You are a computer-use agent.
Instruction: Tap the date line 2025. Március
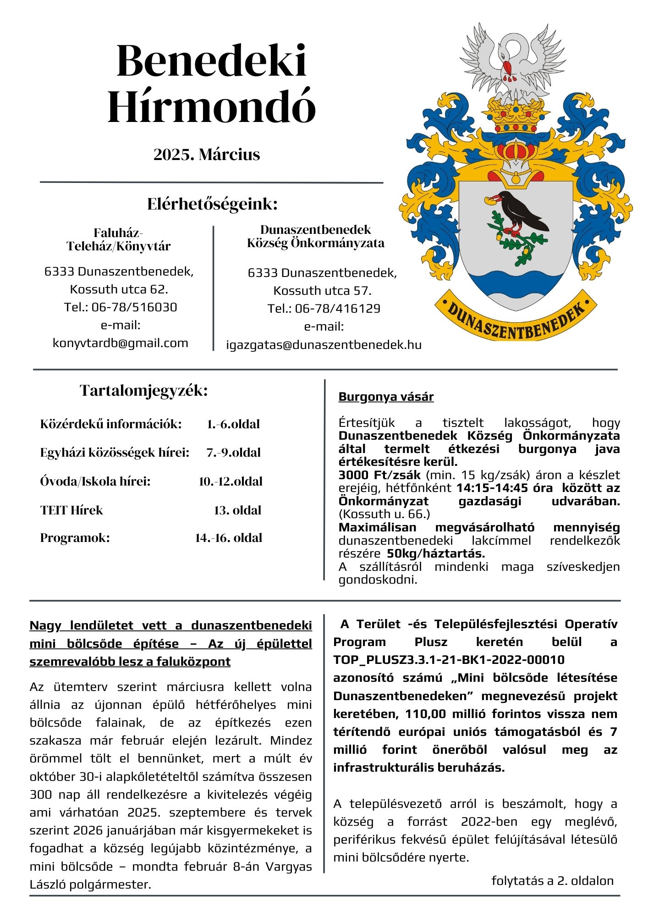tap(207, 155)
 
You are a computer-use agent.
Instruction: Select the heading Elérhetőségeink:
tap(212, 204)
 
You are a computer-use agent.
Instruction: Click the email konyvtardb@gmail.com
tap(121, 343)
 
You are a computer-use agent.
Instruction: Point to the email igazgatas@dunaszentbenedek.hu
tap(324, 345)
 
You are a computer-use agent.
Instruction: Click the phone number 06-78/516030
tap(134, 307)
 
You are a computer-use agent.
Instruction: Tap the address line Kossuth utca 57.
tap(322, 291)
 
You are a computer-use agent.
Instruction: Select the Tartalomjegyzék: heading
tap(144, 391)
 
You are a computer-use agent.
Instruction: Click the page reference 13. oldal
tap(237, 510)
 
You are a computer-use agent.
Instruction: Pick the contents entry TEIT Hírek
tap(71, 510)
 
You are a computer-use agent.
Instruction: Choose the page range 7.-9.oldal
tap(233, 453)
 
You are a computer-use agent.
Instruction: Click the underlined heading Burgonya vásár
tap(386, 397)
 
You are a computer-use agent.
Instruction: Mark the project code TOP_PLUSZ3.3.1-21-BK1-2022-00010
tap(449, 660)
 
